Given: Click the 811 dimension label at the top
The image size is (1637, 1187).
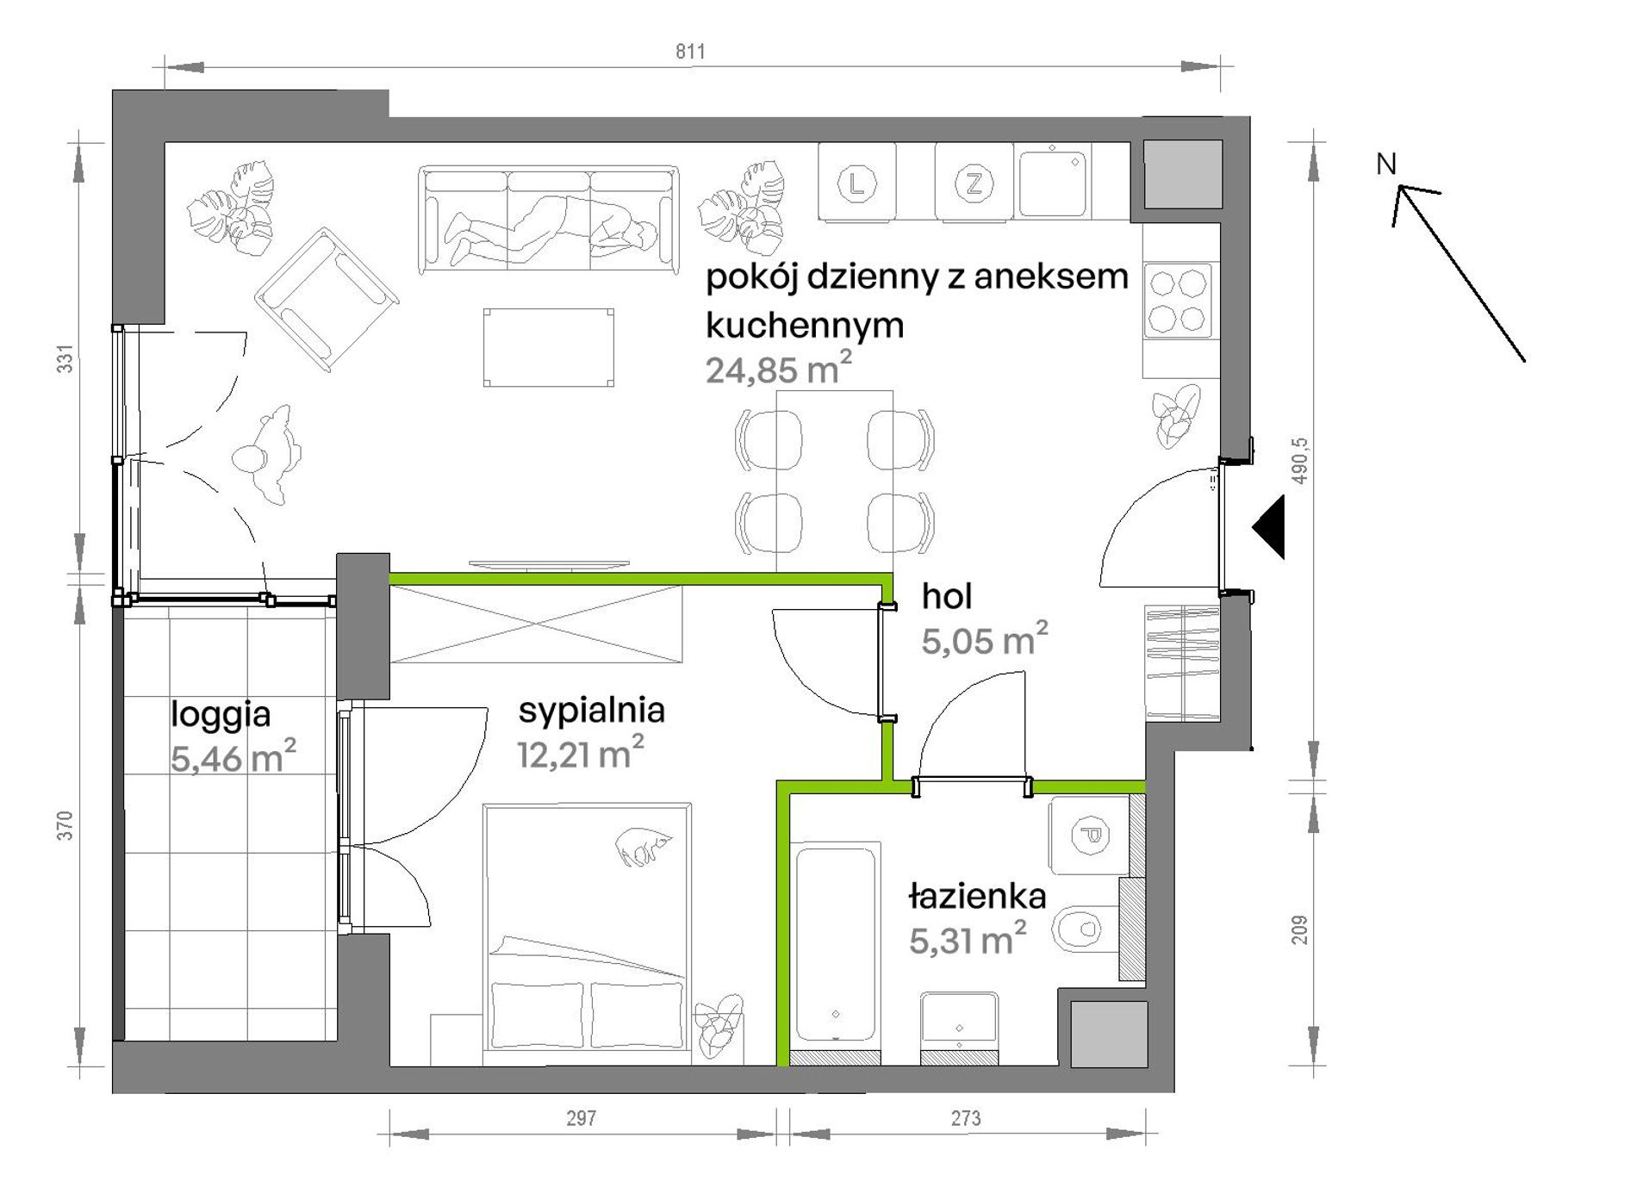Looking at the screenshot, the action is (690, 52).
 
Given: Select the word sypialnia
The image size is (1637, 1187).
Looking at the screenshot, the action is (592, 712).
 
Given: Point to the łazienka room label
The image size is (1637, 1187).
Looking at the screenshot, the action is (977, 897).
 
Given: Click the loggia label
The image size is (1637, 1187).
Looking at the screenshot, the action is (221, 715).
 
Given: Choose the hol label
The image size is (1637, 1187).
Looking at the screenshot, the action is (947, 596).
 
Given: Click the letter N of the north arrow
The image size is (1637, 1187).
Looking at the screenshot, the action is (1385, 164).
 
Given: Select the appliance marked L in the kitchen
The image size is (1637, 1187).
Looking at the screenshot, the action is (856, 183).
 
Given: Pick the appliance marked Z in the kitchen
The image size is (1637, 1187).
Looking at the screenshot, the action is (974, 183).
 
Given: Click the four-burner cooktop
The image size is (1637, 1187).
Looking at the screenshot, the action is (1178, 301).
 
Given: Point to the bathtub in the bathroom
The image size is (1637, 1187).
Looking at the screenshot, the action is (837, 944).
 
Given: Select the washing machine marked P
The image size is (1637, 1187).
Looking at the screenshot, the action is (1089, 836).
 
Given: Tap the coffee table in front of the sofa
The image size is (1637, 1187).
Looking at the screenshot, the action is (549, 348).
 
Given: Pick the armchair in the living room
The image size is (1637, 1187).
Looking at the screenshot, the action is (327, 300).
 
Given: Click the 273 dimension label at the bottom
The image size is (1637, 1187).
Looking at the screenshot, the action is (966, 1119).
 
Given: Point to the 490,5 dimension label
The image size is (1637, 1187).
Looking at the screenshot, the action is (1300, 460).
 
